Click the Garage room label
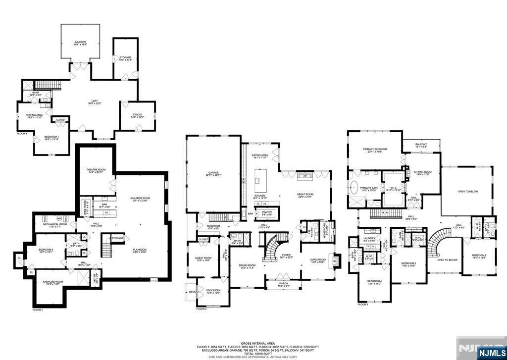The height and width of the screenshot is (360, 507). [x=213, y=174]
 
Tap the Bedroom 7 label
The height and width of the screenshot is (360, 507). [x=51, y=138]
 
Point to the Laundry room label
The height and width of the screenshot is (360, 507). [x=370, y=240]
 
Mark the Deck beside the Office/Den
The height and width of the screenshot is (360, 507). [x=192, y=292]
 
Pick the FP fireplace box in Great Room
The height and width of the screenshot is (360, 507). [x=305, y=176]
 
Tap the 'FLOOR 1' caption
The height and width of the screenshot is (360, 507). [x=38, y=310]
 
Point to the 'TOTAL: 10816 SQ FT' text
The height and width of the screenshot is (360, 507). [x=254, y=353]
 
